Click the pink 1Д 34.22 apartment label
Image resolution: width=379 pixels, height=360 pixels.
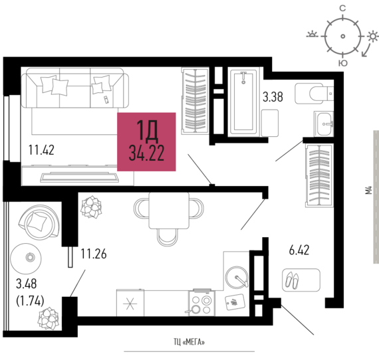pos(146,141)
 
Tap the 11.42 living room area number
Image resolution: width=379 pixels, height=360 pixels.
pos(41,149)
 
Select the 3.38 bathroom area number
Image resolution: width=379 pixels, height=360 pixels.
pos(273,97)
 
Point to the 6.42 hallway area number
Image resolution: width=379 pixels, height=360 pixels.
pos(299,250)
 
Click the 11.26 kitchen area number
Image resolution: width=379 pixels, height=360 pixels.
pos(94,254)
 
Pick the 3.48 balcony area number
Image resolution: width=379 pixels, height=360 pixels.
pos(27,284)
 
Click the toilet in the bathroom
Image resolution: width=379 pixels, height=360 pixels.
pos(314,94)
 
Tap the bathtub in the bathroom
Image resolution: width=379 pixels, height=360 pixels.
pos(243,102)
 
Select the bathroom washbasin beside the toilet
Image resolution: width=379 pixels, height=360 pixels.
pos(324,124)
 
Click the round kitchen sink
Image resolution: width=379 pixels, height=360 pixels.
pos(237,278)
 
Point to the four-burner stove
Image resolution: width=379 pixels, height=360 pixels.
pos(201,303)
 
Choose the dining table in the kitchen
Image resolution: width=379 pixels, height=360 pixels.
pos(169,211)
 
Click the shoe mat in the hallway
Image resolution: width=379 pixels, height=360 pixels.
pos(301,280)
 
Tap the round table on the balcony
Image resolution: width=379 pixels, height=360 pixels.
pos(26,258)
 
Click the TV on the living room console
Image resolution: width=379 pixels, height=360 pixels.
pos(80,177)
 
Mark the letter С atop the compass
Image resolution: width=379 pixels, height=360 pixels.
pos(342,9)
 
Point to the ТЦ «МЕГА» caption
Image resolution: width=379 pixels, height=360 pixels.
pos(189,342)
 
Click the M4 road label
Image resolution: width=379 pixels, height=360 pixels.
pos(368,190)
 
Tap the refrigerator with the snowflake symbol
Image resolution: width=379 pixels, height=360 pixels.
pos(130,303)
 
